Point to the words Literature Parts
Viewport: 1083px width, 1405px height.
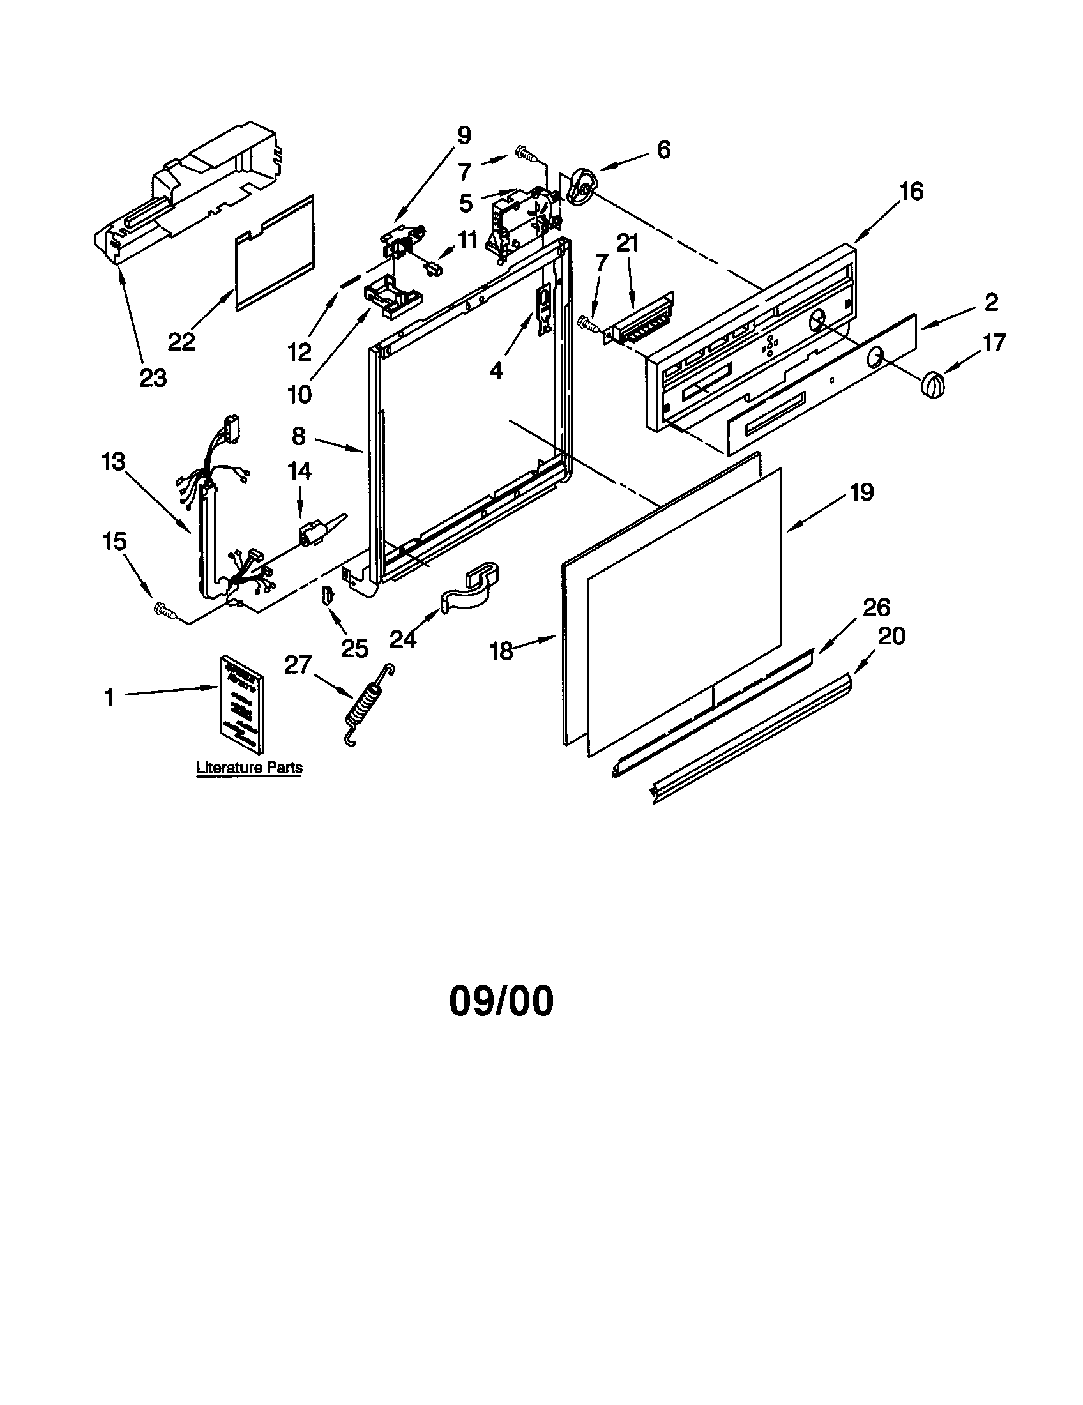tap(250, 768)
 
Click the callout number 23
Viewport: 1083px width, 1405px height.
tap(153, 378)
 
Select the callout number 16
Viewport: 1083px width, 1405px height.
tap(911, 191)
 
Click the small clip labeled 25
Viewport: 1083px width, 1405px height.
tap(327, 596)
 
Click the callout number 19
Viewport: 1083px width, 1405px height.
tap(862, 492)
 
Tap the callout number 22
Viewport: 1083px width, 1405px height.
tap(181, 341)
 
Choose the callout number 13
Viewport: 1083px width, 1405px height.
tap(113, 461)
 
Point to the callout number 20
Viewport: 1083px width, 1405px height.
tap(891, 636)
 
